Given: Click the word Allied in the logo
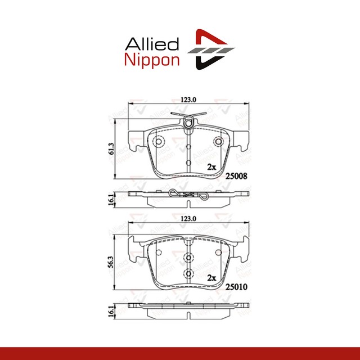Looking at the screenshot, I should coord(151,43).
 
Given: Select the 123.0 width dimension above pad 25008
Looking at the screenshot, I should coord(188,100).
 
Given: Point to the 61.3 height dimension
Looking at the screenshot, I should coord(112,148).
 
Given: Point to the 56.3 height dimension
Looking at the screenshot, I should coord(112,262).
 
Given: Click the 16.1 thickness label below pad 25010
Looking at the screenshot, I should coord(112,310).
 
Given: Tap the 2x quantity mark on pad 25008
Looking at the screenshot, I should coord(211,167).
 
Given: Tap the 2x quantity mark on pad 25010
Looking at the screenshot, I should coord(211,278).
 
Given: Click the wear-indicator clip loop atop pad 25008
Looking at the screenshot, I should coord(188,120).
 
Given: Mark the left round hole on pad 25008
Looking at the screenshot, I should coord(158,142).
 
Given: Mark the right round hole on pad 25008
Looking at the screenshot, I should coord(218,142).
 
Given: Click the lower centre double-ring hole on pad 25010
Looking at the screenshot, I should coord(188,274).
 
